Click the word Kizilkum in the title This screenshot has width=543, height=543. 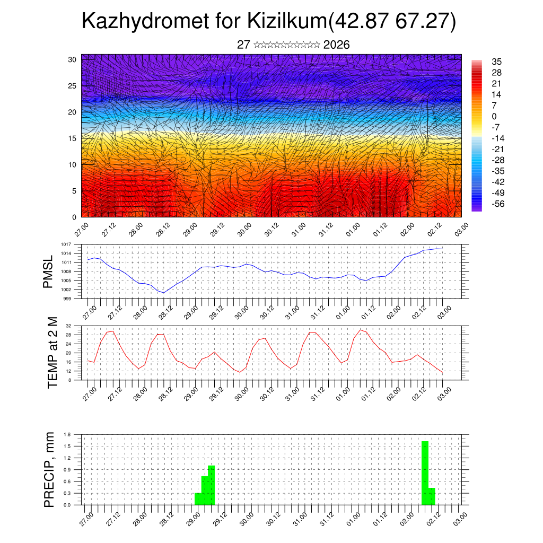tap(287, 22)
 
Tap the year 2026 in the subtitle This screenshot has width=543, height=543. tap(336, 45)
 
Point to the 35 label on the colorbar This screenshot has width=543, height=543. tap(496, 62)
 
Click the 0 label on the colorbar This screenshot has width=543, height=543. tap(494, 117)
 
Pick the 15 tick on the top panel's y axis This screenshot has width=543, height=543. tap(73, 138)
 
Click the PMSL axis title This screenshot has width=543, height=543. tap(48, 271)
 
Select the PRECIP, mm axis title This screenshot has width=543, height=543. tap(49, 469)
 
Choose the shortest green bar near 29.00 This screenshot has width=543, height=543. tap(198, 498)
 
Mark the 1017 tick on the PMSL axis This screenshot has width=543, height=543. tap(66, 244)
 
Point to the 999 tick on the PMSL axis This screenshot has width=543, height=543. tap(67, 299)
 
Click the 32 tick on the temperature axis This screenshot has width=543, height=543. tap(68, 326)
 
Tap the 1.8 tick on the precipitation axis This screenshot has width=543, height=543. tap(67, 434)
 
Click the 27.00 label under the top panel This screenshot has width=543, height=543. tap(82, 231)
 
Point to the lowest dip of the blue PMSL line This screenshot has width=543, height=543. tap(163, 293)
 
